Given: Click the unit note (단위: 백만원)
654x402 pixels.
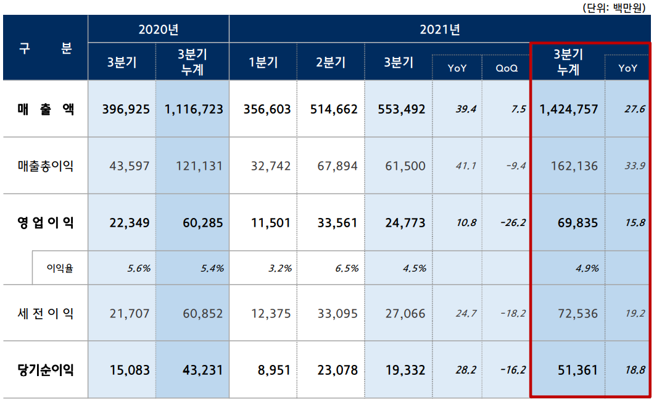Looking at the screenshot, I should coord(616,7).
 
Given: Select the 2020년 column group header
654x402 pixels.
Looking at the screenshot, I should coord(159,29).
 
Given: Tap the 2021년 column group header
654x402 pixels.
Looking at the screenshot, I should coord(440,29).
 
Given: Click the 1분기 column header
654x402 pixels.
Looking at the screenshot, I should coord(263,62).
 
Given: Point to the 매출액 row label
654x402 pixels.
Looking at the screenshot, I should coord(46,109).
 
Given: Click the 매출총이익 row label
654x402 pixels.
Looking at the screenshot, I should coord(46,165).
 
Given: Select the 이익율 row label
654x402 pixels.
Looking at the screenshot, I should coord(60,268).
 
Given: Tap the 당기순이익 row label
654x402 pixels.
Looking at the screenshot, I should coord(46,371).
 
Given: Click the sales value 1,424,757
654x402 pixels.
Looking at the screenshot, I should coord(568,109).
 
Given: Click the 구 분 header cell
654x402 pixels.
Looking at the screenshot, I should coord(46,49).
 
